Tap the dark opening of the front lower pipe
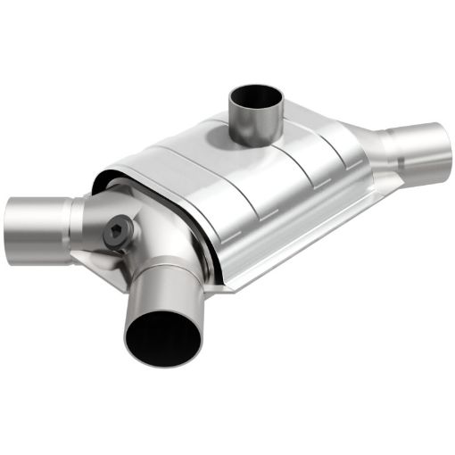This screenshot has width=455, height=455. coord(162,338)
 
